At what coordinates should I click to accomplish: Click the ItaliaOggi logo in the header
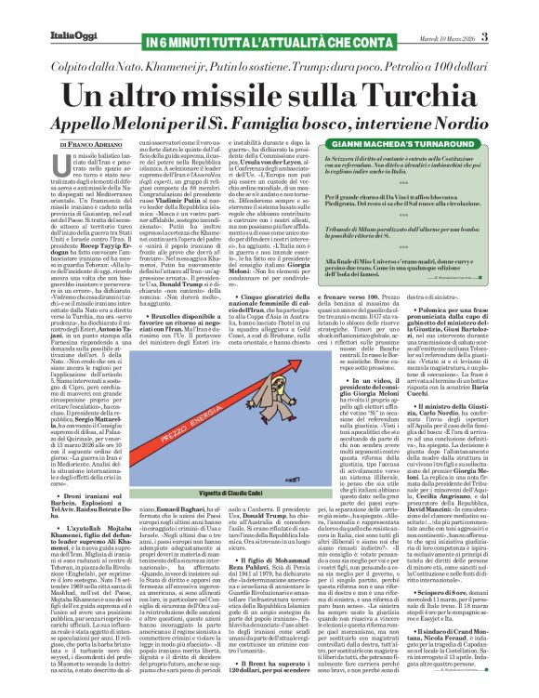click(x=47, y=12)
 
